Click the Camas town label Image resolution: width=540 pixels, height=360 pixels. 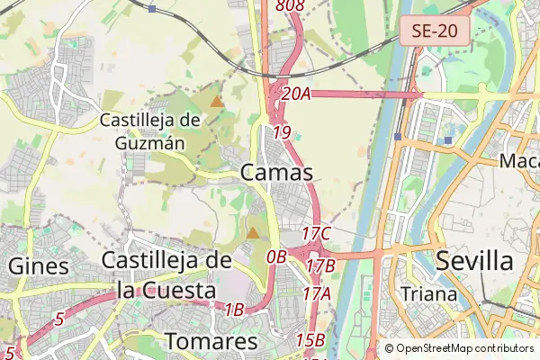pyautogui.click(x=277, y=173)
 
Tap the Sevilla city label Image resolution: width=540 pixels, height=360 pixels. pyautogui.click(x=474, y=262)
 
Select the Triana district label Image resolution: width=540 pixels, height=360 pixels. pyautogui.click(x=428, y=293)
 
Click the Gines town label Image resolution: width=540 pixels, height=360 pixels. pyautogui.click(x=38, y=266)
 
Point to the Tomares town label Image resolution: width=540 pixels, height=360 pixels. pyautogui.click(x=211, y=342)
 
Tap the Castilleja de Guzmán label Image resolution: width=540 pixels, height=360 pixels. pyautogui.click(x=149, y=130)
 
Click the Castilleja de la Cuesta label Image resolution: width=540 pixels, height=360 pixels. pyautogui.click(x=167, y=275)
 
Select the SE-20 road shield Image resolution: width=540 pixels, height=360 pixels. pyautogui.click(x=435, y=31)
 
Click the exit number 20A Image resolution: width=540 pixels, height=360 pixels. pyautogui.click(x=295, y=93)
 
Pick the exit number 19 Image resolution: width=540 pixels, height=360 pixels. pyautogui.click(x=282, y=132)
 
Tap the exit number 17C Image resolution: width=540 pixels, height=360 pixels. pyautogui.click(x=317, y=234)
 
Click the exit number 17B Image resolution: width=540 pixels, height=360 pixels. pyautogui.click(x=320, y=266)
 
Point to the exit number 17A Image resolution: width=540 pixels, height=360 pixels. pyautogui.click(x=318, y=293)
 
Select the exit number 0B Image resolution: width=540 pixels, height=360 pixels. pyautogui.click(x=276, y=256)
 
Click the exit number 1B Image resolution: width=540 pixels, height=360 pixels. pyautogui.click(x=234, y=310)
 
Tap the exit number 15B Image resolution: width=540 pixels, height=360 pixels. pyautogui.click(x=310, y=340)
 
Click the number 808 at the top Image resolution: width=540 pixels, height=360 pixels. pyautogui.click(x=291, y=6)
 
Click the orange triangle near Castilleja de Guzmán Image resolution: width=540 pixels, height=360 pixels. pyautogui.click(x=217, y=100)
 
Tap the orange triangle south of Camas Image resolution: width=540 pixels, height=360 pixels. pyautogui.click(x=253, y=233)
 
